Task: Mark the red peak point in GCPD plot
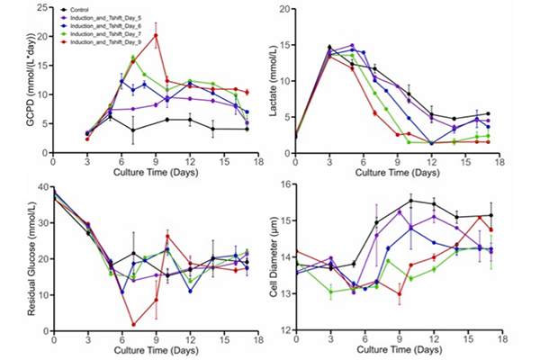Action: click(x=156, y=36)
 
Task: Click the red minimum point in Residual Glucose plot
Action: click(x=133, y=324)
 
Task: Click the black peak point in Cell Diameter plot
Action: click(x=410, y=201)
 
